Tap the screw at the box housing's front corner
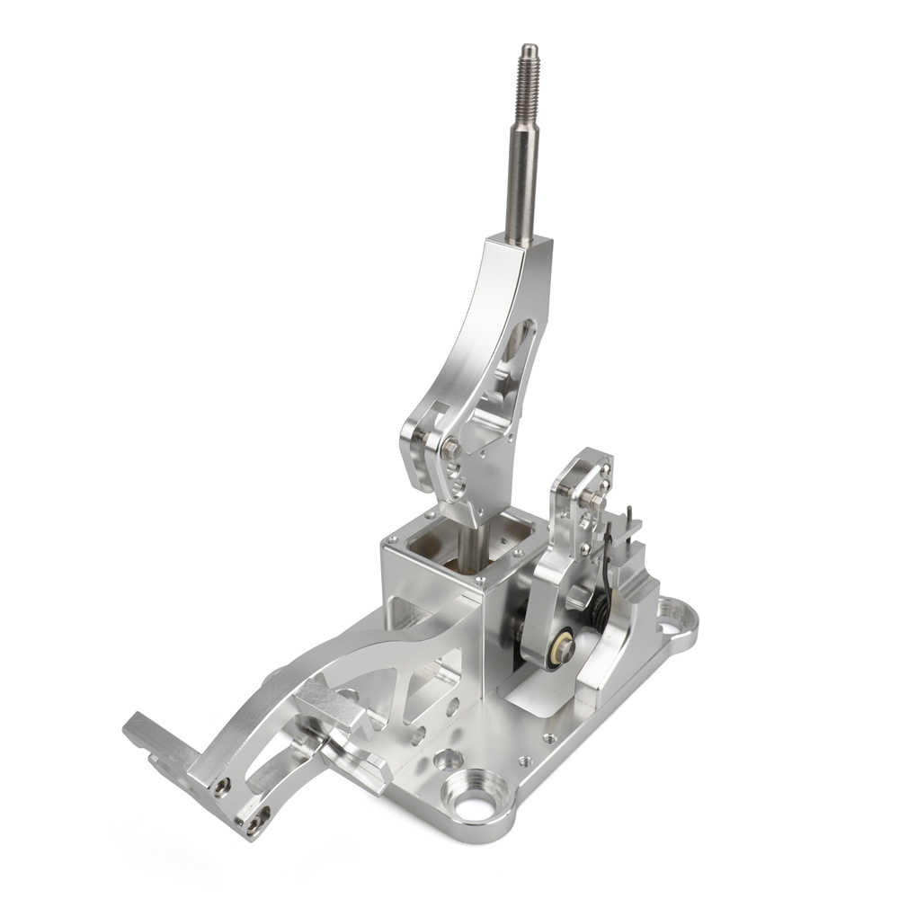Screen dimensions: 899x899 pyautogui.click(x=475, y=583)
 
